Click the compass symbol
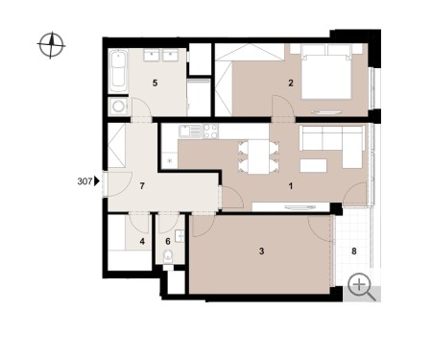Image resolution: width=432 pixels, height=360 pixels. (51, 45)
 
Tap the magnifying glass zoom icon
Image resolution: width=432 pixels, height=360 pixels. (362, 287)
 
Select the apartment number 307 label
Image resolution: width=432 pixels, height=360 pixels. (84, 181)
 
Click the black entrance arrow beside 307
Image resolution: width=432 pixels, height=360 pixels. (97, 181)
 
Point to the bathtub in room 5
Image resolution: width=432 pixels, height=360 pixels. (118, 71)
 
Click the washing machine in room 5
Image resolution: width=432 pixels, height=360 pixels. (118, 107)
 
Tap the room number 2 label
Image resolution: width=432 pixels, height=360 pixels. (291, 84)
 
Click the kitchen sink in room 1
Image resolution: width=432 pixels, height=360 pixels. (190, 132)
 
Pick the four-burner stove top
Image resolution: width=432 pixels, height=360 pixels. (210, 132)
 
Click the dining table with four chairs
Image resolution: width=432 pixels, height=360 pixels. (258, 156)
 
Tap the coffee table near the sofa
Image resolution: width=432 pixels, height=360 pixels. (313, 165)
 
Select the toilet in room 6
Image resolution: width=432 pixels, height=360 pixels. (168, 257)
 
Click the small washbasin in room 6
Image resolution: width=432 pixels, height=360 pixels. (180, 236)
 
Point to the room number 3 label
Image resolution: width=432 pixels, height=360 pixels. (261, 252)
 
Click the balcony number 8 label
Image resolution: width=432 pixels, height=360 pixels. (354, 252)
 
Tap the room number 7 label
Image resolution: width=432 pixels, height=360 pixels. (142, 186)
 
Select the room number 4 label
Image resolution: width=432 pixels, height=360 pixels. (142, 241)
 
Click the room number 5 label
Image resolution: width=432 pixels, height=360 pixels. (155, 84)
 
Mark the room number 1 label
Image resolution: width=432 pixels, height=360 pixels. (291, 186)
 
